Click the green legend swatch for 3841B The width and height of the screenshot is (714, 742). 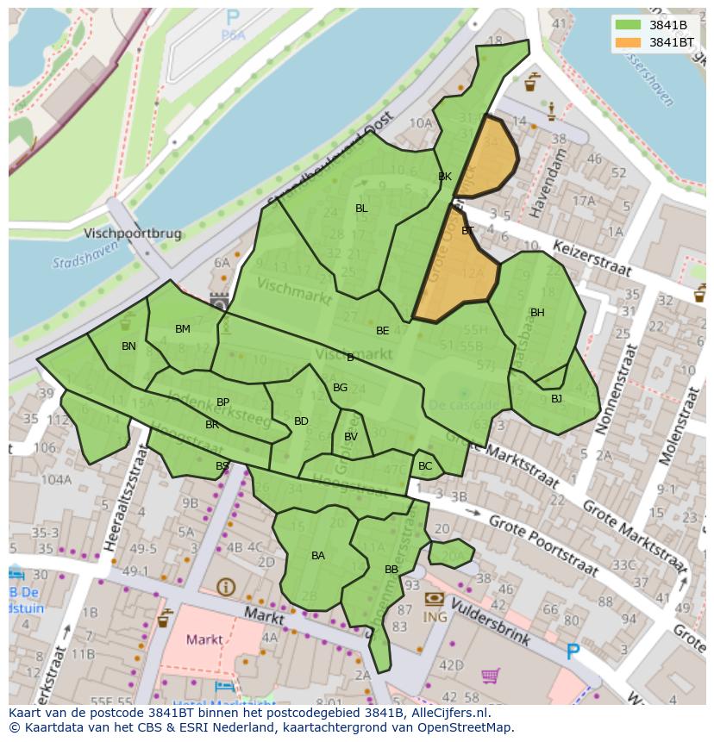[x=628, y=24]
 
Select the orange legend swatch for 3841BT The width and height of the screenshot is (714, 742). [x=628, y=42]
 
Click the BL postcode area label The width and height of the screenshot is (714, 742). [x=361, y=209]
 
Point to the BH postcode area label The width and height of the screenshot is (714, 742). [x=537, y=313]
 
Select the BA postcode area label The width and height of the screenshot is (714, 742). [x=318, y=556]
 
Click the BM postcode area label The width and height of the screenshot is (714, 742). [x=183, y=329]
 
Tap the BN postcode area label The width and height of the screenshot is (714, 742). [x=128, y=346]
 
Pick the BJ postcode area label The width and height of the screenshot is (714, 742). [x=556, y=398]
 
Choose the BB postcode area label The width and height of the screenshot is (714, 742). [x=391, y=570]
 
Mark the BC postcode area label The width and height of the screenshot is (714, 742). [x=425, y=466]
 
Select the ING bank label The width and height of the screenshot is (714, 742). [x=434, y=617]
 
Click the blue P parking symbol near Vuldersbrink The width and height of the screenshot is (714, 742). [x=573, y=652]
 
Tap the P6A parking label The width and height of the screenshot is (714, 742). [x=232, y=35]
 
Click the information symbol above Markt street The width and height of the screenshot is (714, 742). [x=226, y=587]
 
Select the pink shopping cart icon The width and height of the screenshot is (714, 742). [x=491, y=676]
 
